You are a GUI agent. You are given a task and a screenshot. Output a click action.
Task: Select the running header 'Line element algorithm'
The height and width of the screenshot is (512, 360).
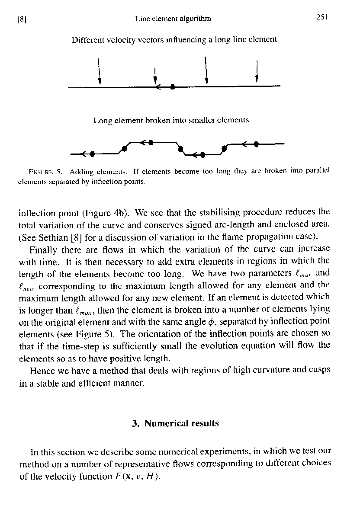tap(173, 19)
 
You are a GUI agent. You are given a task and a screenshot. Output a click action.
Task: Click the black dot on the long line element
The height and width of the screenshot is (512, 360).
tap(173, 87)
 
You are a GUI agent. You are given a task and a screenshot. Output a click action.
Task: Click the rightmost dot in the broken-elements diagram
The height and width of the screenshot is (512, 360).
tap(257, 144)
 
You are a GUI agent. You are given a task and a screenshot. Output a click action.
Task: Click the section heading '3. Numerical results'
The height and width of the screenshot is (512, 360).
tap(175, 423)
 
